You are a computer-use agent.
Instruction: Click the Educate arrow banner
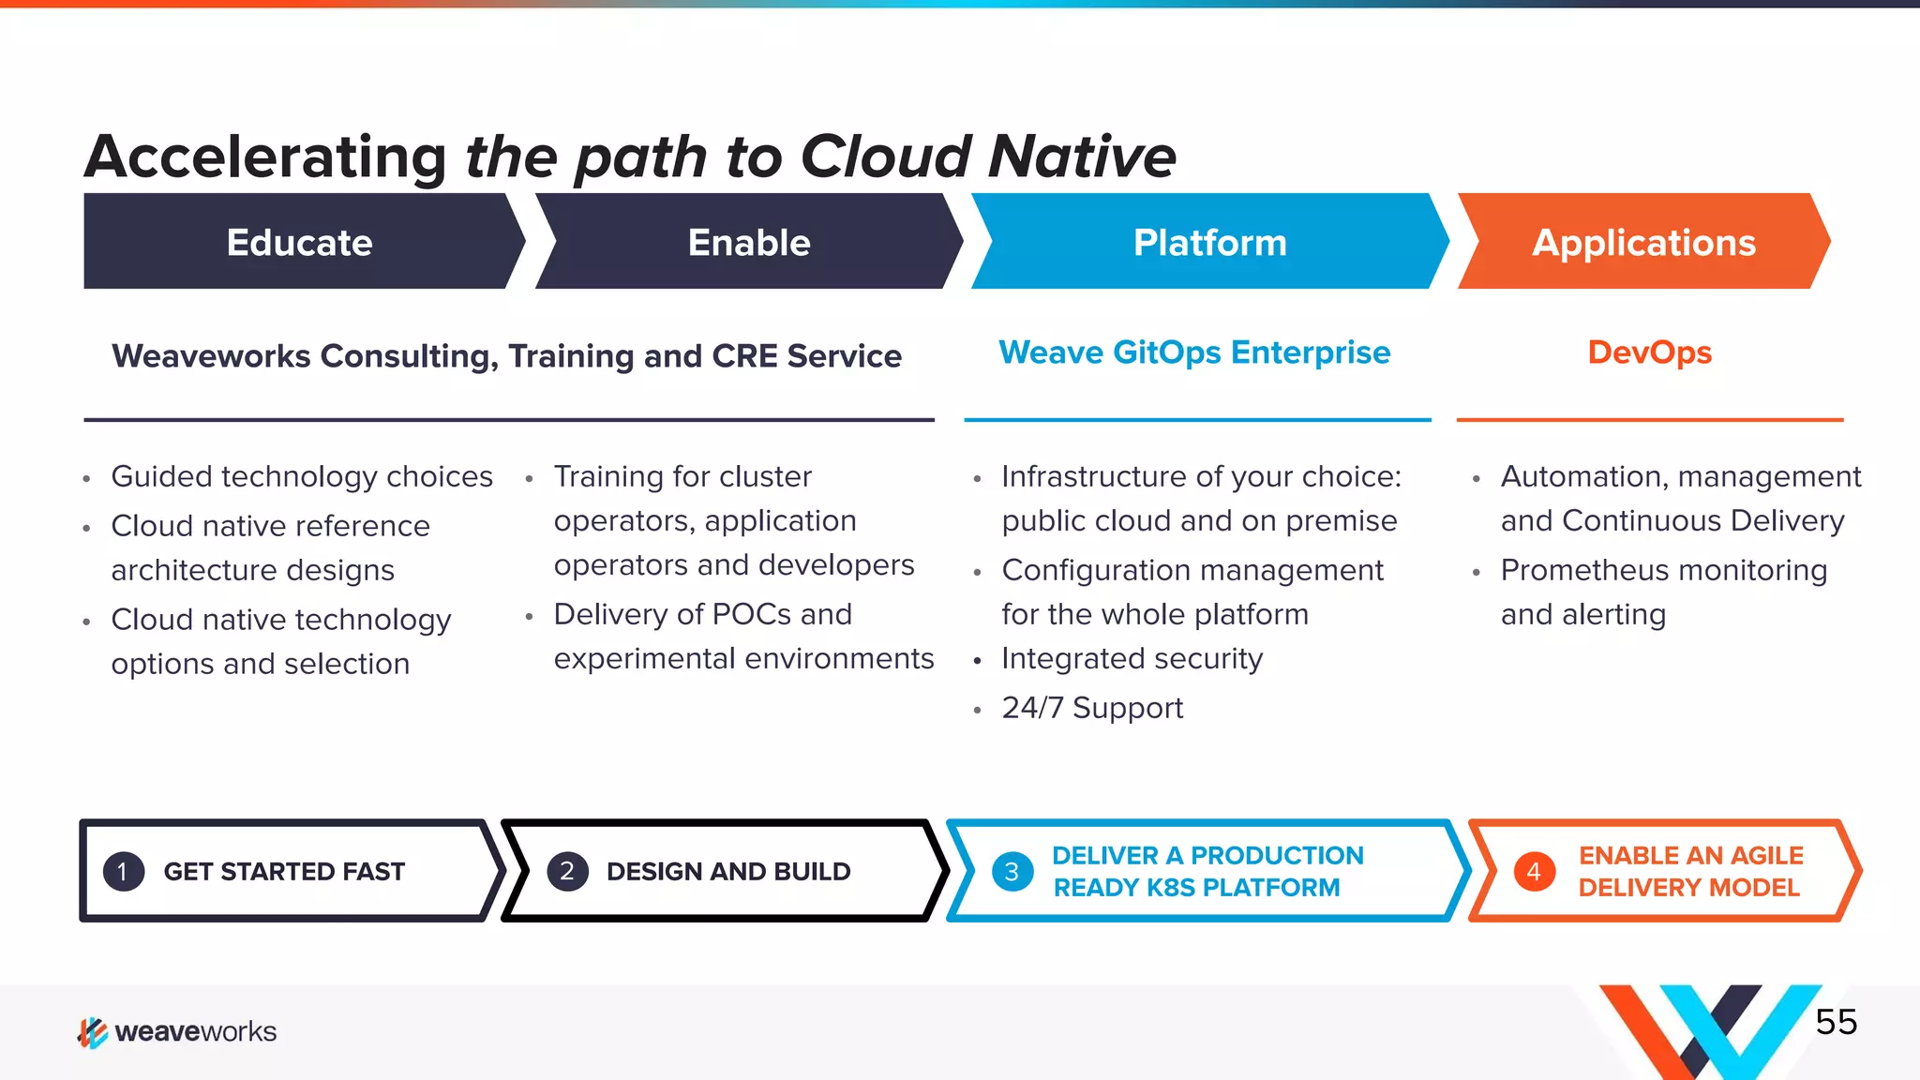(x=300, y=242)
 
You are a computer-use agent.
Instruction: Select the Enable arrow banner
(x=748, y=242)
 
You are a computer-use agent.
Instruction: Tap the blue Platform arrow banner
(x=1209, y=242)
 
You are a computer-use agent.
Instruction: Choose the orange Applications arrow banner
(x=1642, y=242)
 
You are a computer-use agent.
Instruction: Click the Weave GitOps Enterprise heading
(x=1194, y=352)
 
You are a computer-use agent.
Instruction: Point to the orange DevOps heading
(x=1649, y=352)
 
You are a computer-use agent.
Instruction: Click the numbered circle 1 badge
(x=123, y=872)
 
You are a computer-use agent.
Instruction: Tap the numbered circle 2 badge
(x=567, y=872)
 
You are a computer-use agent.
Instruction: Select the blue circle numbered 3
(x=1012, y=872)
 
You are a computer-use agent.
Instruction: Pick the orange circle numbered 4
(x=1534, y=872)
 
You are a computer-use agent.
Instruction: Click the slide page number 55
(x=1836, y=1022)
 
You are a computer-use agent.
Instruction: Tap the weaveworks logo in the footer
(x=177, y=1031)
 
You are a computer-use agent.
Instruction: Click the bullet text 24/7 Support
(x=1092, y=708)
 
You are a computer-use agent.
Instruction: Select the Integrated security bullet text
(x=1132, y=658)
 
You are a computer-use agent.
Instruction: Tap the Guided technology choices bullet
(x=302, y=476)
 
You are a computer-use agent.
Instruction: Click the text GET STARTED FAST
(x=284, y=872)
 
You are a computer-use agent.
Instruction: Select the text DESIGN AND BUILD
(x=728, y=872)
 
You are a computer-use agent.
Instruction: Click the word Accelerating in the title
(x=266, y=157)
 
